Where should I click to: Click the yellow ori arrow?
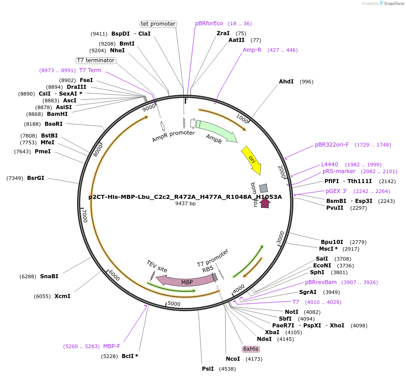(x=251, y=160)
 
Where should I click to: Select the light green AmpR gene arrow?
(x=217, y=131)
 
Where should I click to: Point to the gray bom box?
(x=264, y=188)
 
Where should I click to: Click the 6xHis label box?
(x=251, y=349)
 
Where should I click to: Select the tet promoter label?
(x=158, y=24)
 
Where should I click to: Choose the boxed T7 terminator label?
(x=96, y=60)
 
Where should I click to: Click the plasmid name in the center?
(x=185, y=197)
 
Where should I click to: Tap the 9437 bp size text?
(x=185, y=204)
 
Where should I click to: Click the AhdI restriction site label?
(x=286, y=82)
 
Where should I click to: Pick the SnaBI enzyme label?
(x=49, y=276)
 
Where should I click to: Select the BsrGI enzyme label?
(x=36, y=178)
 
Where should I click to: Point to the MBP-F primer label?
(x=112, y=346)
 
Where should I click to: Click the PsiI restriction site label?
(x=208, y=369)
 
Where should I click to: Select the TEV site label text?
(x=157, y=266)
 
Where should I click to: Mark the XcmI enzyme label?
(x=62, y=296)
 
